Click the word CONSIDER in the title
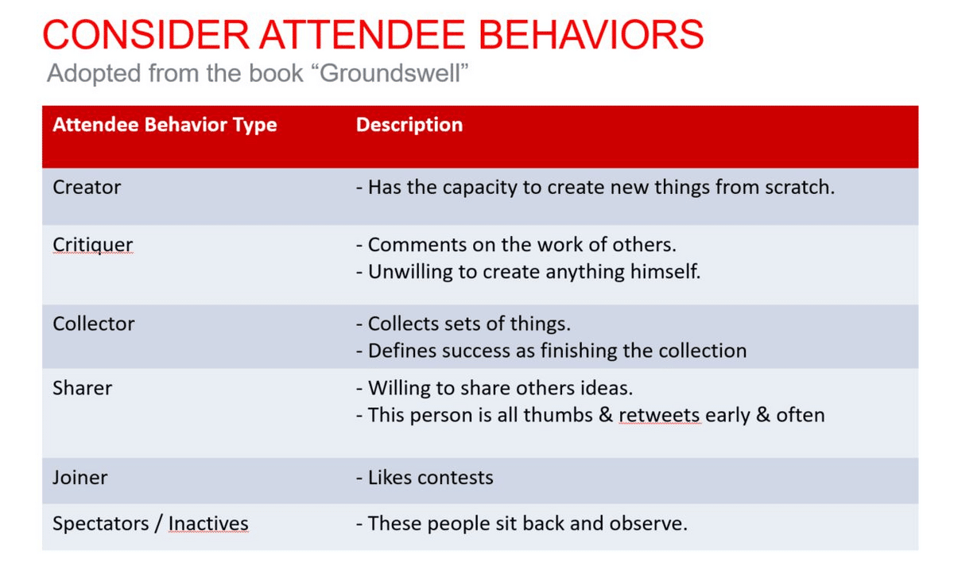point(145,34)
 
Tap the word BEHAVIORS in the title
point(591,34)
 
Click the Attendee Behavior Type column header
point(165,125)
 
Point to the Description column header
point(409,125)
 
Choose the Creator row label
point(87,188)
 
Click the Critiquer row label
point(93,245)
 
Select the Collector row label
point(93,324)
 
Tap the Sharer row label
point(82,388)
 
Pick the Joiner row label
point(79,478)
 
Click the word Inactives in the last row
point(208,524)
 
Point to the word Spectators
point(100,524)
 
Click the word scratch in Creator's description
point(800,188)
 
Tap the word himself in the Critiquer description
point(665,272)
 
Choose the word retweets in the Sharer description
point(659,415)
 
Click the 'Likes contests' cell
point(425,478)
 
